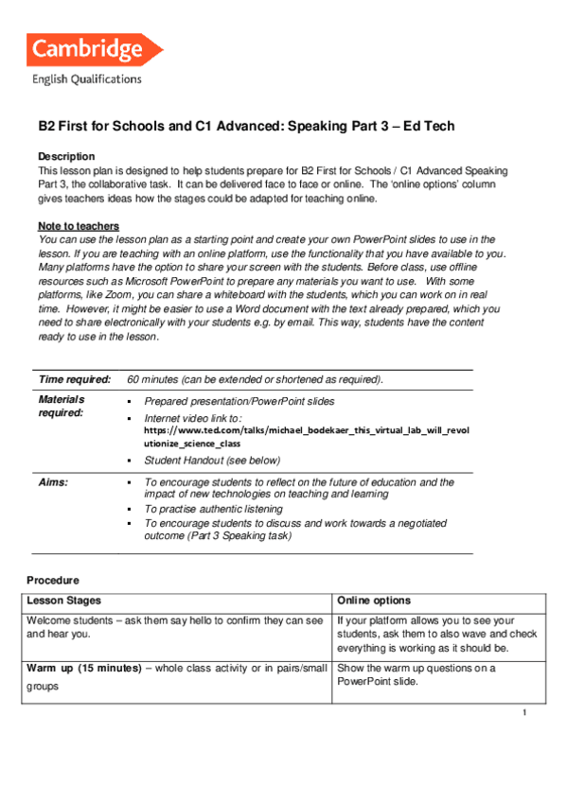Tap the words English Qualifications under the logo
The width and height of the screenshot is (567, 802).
86,79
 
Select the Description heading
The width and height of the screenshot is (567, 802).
66,156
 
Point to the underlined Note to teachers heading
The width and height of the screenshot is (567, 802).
79,226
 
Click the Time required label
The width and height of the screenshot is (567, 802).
75,379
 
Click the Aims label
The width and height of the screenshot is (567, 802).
53,482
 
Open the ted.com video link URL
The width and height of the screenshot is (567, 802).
306,430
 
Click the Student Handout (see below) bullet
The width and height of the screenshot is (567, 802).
212,461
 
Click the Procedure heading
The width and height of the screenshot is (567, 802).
53,580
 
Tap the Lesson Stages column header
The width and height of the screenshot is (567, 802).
64,601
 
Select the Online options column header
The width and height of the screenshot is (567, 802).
374,601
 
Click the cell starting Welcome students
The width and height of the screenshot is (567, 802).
175,627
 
